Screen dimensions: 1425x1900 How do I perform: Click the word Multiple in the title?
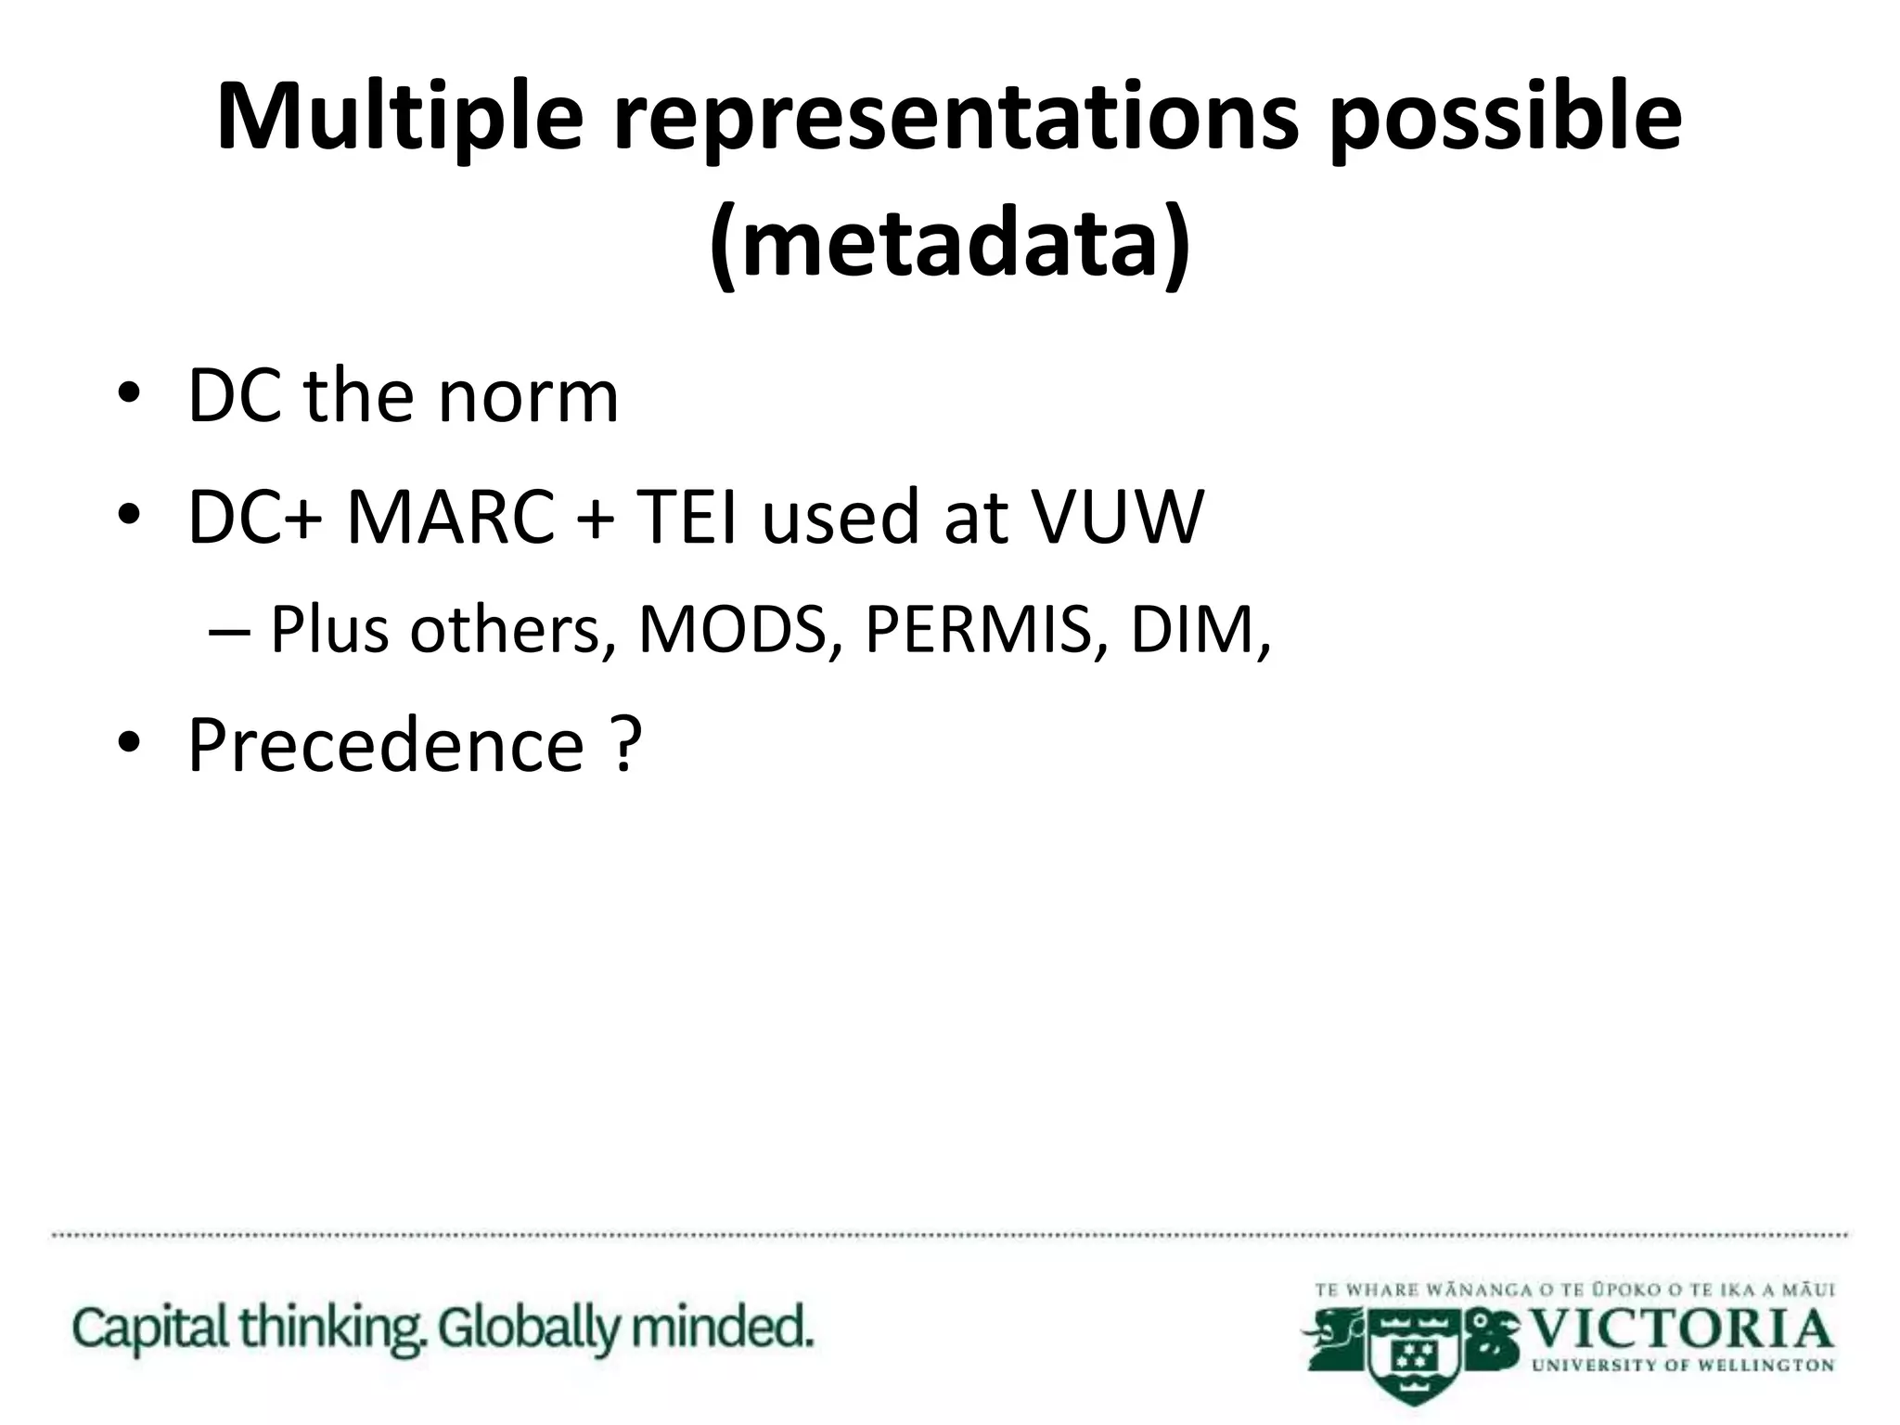[399, 118]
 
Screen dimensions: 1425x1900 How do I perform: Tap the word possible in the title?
[1504, 118]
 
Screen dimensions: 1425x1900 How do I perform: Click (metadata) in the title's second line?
[949, 244]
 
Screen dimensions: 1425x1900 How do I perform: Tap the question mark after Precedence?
[627, 745]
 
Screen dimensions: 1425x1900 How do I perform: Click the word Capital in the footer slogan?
[151, 1329]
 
